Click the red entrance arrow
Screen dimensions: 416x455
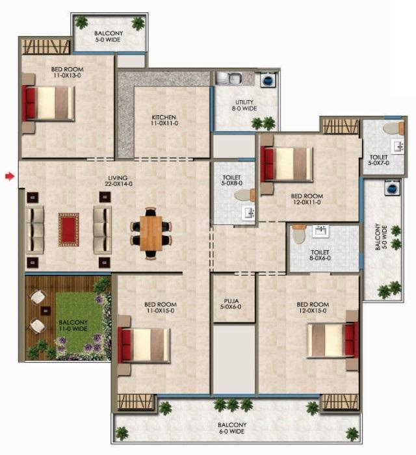[x=10, y=176]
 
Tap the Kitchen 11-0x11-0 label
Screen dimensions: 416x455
[x=164, y=120]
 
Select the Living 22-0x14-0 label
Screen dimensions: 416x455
[x=119, y=181]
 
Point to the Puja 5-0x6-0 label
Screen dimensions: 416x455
[x=231, y=304]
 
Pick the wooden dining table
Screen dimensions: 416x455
[x=151, y=233]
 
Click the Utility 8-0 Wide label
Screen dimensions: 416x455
[x=244, y=105]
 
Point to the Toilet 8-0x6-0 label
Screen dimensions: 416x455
[x=320, y=255]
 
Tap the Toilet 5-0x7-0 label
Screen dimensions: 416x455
[x=378, y=160]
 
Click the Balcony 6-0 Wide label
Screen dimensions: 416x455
[x=231, y=428]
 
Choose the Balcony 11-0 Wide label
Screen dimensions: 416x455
[x=73, y=326]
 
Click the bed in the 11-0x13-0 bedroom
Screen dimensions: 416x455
[x=48, y=103]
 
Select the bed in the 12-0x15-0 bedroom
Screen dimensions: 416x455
[x=332, y=340]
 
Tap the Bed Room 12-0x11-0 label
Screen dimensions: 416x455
[x=307, y=199]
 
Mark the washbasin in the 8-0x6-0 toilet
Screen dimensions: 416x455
[x=320, y=231]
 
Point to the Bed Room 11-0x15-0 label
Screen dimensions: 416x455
[x=160, y=307]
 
